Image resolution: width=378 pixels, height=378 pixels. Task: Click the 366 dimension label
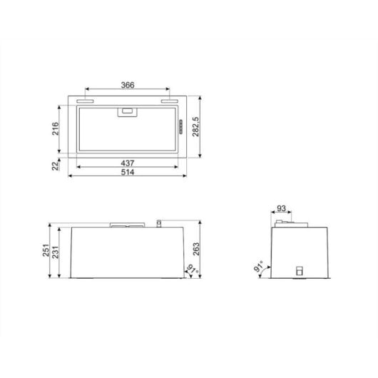126,85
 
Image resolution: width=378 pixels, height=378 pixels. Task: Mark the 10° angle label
190,270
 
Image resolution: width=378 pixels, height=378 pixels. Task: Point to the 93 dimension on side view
282,209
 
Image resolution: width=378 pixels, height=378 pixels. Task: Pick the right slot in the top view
169,103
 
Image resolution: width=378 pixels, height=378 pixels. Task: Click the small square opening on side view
299,271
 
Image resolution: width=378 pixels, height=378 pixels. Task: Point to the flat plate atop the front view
126,227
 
